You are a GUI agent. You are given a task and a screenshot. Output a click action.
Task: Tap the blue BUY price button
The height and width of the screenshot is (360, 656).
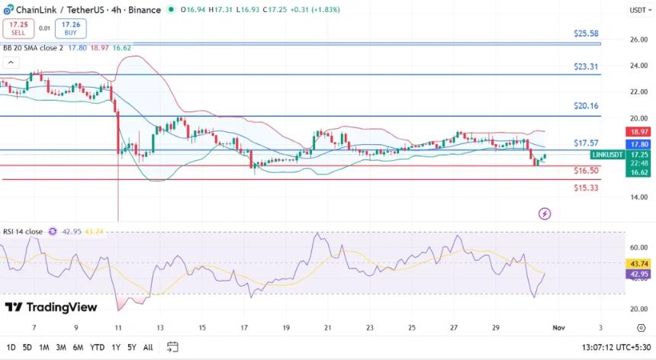click(70, 28)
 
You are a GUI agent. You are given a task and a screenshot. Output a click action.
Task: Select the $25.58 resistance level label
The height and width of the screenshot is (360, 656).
click(586, 34)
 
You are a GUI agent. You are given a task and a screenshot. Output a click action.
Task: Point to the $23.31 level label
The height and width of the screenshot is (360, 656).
click(586, 66)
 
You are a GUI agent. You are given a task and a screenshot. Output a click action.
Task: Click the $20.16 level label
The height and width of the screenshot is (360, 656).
click(586, 106)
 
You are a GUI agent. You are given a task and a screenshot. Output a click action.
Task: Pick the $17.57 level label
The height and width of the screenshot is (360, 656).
click(586, 143)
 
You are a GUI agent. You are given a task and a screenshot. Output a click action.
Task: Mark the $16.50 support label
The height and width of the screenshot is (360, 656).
click(586, 171)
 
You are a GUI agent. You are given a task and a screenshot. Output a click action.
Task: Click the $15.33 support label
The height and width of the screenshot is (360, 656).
click(586, 188)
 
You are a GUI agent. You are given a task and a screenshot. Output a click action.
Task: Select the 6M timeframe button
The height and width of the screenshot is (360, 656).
click(78, 347)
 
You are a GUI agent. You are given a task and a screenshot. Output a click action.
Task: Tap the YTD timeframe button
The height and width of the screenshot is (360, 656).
click(97, 347)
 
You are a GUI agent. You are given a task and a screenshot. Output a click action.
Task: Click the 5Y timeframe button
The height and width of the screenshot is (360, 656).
click(131, 347)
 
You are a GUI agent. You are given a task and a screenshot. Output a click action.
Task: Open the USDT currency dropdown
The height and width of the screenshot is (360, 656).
click(638, 10)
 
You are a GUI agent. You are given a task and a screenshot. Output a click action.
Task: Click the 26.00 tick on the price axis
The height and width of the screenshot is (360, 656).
click(638, 40)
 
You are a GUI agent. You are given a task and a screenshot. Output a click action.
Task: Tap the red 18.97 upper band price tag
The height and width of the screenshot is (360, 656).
click(638, 132)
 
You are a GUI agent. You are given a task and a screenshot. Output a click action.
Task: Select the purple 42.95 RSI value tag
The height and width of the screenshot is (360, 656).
click(638, 274)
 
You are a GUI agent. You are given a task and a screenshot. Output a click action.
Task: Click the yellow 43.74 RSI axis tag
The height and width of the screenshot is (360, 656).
click(638, 263)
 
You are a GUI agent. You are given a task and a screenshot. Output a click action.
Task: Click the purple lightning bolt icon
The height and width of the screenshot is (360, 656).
click(545, 213)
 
